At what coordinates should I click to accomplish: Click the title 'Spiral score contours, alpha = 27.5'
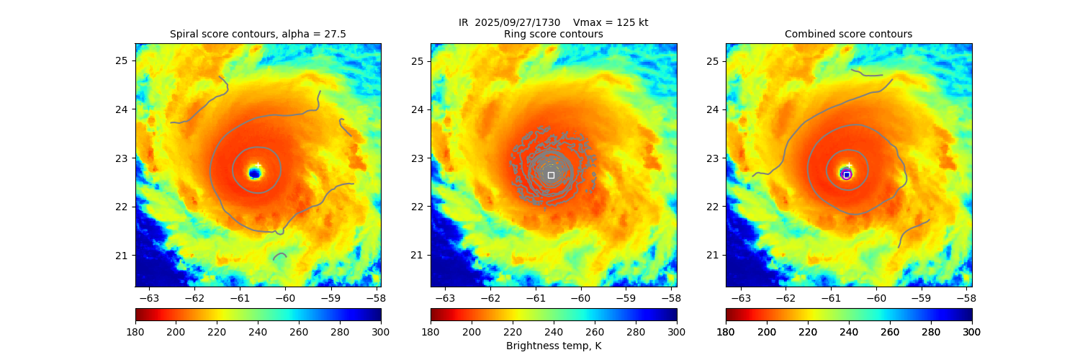coord(258,34)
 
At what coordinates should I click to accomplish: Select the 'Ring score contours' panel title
coord(553,34)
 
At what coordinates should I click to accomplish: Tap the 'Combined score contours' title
coord(848,34)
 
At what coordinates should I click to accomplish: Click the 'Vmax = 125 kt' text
coord(610,22)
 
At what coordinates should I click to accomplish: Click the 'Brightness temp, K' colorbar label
coord(553,346)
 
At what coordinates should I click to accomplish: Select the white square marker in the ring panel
coord(551,175)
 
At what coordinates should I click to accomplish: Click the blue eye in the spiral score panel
coord(254,173)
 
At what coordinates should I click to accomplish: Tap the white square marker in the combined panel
coord(847,175)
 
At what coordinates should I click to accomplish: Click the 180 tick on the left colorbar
coord(135,331)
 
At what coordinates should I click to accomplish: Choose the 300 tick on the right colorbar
coord(972,331)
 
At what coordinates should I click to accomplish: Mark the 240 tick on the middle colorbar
coord(554,331)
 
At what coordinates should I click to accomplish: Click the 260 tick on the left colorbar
coord(299,331)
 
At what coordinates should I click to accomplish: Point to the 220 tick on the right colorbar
coord(808,331)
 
